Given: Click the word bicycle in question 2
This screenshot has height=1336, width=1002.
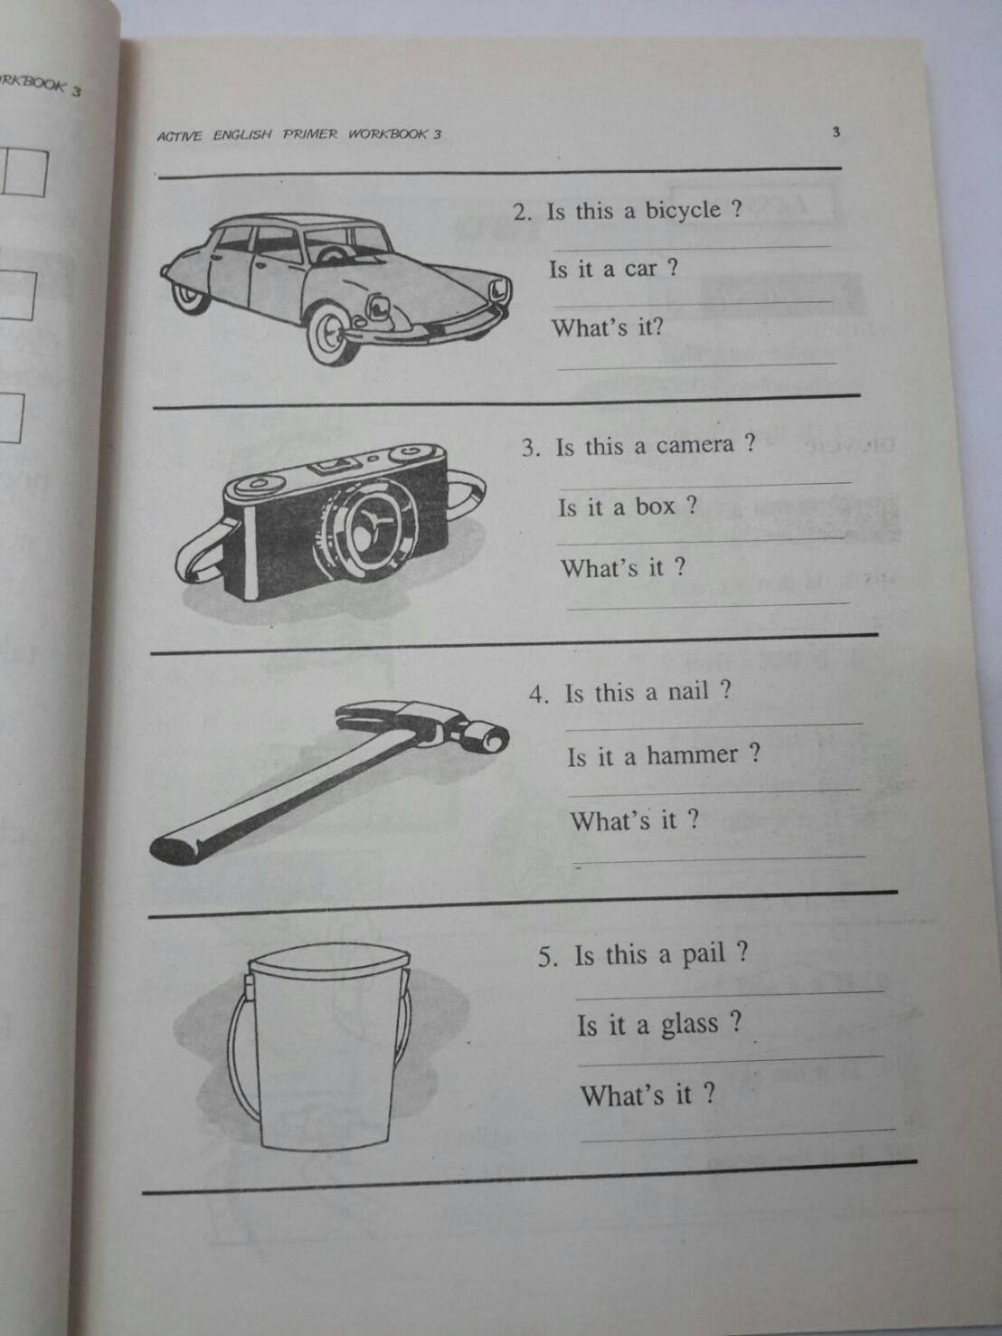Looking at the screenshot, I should pos(683,211).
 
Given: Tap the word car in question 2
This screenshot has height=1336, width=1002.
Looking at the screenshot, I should pos(640,269).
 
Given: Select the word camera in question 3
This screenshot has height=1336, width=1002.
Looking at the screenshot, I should pos(695,445).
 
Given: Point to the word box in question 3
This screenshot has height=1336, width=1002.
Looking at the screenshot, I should pos(655,506).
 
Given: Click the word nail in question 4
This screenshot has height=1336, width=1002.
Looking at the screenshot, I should pos(688,692).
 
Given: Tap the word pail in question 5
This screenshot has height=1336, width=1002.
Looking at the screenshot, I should pos(704,954).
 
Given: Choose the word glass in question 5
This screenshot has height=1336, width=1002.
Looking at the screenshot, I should pos(689,1025).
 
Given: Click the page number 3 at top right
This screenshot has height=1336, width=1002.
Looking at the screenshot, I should pos(836,132).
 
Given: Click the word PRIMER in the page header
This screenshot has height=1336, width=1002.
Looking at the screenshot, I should pos(310,135).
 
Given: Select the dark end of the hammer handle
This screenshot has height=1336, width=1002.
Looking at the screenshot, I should pos(175,848).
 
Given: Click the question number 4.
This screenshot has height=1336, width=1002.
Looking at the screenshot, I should pos(539,695).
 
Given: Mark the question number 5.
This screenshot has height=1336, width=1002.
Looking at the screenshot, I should pos(547,957).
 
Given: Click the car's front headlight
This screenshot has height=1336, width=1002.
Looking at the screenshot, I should pos(498,291).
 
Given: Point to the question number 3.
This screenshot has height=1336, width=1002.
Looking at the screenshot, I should pos(530,448).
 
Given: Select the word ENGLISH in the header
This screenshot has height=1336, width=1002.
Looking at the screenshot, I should pos(242,136).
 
